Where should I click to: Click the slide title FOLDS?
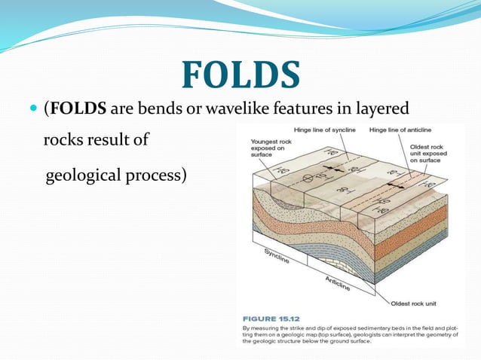coord(240,75)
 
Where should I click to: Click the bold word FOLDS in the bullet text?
coord(77,110)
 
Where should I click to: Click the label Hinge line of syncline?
coord(325,130)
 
